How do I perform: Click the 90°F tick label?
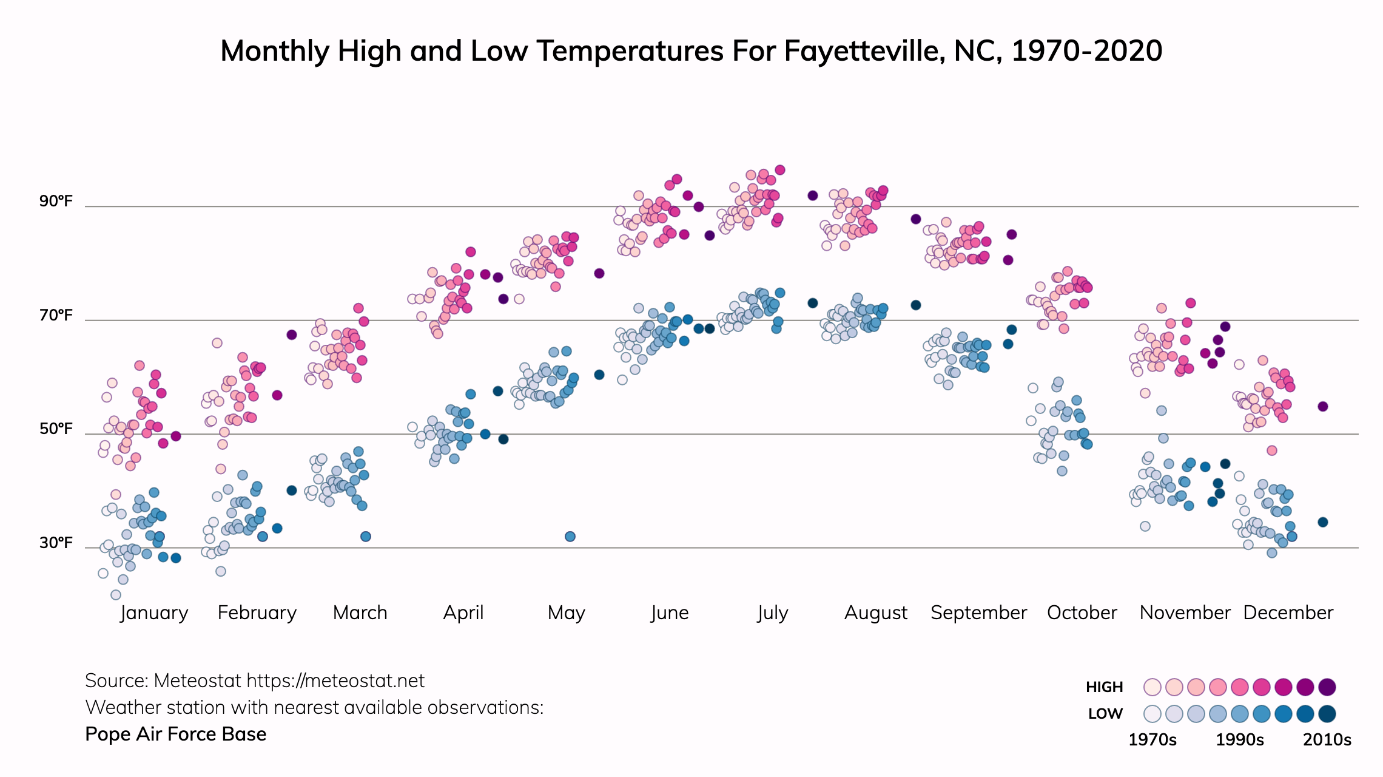tap(56, 201)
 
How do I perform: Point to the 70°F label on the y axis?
tap(56, 315)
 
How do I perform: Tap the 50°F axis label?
tap(56, 429)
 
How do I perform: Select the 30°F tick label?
tap(56, 542)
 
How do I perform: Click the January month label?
tap(154, 612)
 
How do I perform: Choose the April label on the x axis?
tap(463, 612)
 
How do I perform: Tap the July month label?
tap(773, 612)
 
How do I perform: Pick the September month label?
tap(978, 612)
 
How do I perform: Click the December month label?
tap(1288, 612)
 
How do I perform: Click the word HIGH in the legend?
tap(1105, 687)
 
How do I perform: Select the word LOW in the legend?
tap(1105, 714)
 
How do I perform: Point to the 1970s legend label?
tap(1152, 740)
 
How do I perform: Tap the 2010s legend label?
tap(1327, 740)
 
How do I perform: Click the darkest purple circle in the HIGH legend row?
tap(1327, 687)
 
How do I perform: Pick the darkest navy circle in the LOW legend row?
tap(1327, 714)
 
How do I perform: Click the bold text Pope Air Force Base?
tap(176, 734)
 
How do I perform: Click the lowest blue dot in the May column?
tap(570, 537)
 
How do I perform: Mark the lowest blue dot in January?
tap(116, 595)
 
